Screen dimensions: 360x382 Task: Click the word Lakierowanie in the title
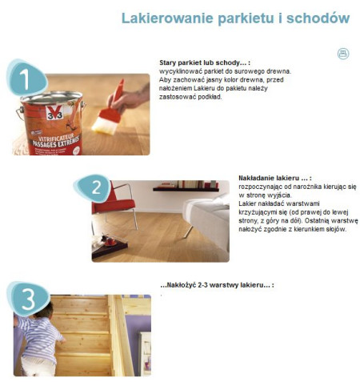click(167, 18)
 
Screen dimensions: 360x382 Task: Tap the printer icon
click(343, 54)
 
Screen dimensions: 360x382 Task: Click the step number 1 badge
click(26, 78)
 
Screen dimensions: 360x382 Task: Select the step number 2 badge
click(94, 188)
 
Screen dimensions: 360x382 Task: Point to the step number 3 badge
click(29, 299)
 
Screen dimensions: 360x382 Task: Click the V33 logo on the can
click(54, 113)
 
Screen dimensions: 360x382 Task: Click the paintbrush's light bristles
click(105, 127)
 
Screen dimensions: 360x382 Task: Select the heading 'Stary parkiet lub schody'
click(202, 62)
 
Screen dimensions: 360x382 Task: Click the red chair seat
click(113, 205)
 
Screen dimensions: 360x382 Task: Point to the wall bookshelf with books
click(186, 187)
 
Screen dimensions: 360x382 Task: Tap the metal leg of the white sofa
click(189, 231)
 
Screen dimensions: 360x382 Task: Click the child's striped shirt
click(41, 336)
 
